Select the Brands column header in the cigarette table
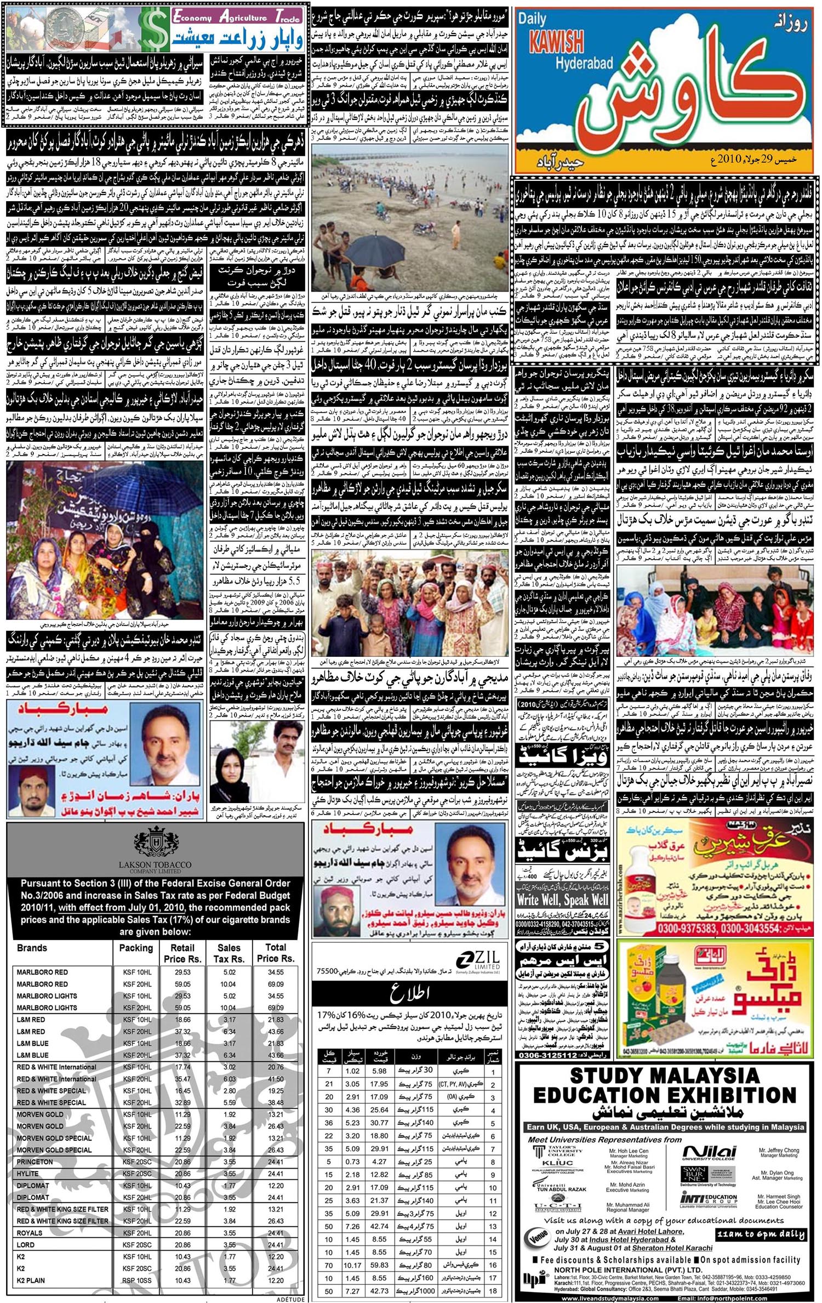32,948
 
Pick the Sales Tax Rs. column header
229,953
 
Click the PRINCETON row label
35,1162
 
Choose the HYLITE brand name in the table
28,1174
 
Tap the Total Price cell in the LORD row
276,1245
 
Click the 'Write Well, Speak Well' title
562,900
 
